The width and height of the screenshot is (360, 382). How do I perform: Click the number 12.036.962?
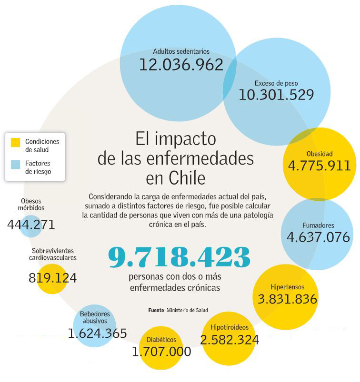click(x=181, y=64)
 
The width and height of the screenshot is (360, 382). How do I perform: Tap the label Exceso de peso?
click(x=276, y=82)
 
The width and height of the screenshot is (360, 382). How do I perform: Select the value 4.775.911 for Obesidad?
click(x=320, y=166)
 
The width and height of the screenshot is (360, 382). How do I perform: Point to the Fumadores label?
click(x=318, y=225)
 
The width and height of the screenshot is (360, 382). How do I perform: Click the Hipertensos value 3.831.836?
click(x=287, y=299)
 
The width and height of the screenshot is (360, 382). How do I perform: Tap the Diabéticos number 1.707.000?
click(x=161, y=352)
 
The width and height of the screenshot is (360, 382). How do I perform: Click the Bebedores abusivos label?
click(x=95, y=317)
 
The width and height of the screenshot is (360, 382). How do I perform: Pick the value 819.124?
click(x=52, y=278)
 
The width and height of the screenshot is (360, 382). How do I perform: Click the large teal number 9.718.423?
click(x=179, y=257)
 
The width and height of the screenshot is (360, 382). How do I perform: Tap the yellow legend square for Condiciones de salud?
click(x=16, y=142)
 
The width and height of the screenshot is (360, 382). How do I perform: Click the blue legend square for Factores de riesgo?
click(x=16, y=164)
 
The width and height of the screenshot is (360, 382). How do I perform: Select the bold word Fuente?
click(x=156, y=310)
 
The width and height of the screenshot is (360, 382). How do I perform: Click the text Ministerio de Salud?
click(x=187, y=310)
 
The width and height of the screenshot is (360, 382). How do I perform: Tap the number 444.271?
click(x=31, y=224)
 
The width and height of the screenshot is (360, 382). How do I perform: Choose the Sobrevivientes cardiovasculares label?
click(x=52, y=254)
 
